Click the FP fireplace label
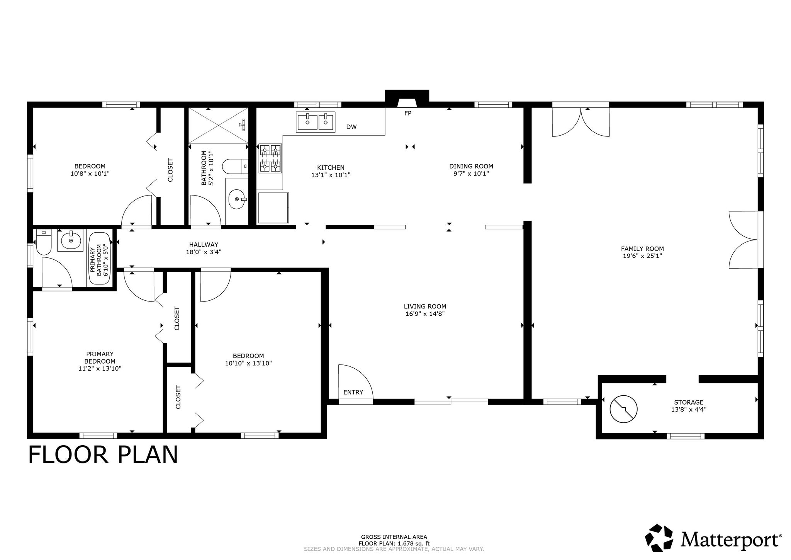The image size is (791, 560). click(x=408, y=113)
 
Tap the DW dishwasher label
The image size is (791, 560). click(x=351, y=127)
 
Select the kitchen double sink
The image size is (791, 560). click(x=316, y=122)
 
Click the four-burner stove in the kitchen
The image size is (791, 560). click(x=270, y=158)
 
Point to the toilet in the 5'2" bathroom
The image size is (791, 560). click(x=235, y=167)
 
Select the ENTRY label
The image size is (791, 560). click(x=353, y=392)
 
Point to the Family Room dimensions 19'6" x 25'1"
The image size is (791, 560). click(x=642, y=256)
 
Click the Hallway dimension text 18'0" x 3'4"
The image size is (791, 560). click(x=204, y=252)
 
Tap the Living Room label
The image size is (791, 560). click(x=425, y=306)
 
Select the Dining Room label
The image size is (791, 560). click(x=471, y=166)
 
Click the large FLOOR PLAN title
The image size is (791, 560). click(x=103, y=455)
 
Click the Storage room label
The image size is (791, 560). click(x=689, y=402)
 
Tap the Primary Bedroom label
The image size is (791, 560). click(x=100, y=357)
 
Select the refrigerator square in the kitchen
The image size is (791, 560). click(x=273, y=208)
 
